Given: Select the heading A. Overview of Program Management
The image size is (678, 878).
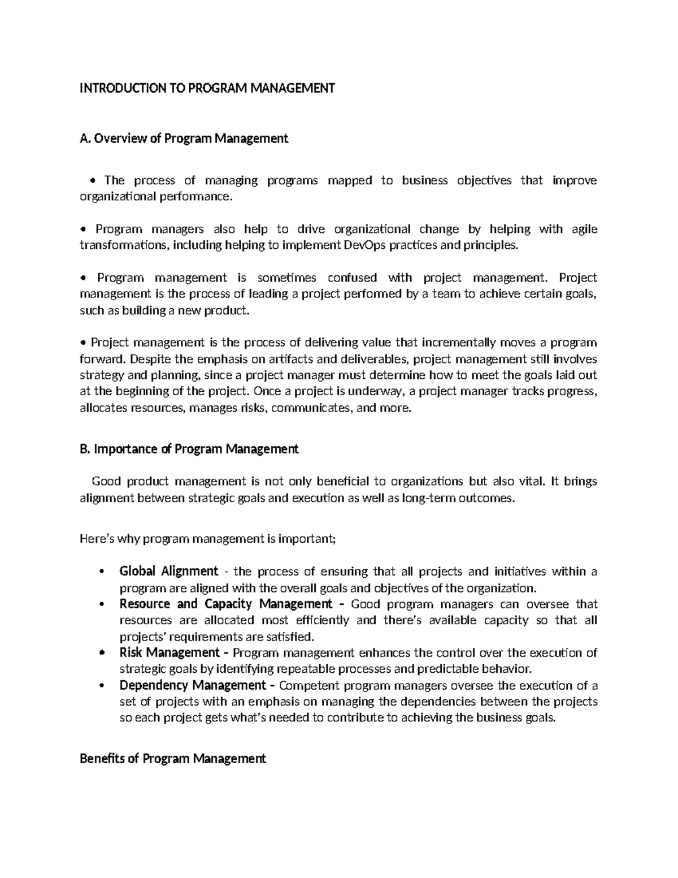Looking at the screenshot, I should [x=184, y=139].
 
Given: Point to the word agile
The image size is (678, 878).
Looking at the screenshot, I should [x=585, y=229].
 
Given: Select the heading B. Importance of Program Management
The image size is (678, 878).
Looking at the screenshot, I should [x=189, y=449].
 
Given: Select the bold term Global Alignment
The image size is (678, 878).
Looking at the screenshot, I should [x=168, y=571].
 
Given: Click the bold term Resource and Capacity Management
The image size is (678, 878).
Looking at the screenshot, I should [x=226, y=604].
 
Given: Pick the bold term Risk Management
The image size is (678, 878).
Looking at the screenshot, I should [x=169, y=653].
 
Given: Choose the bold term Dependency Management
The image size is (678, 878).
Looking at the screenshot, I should [x=193, y=686].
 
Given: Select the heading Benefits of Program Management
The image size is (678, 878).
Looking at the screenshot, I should [x=173, y=759].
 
